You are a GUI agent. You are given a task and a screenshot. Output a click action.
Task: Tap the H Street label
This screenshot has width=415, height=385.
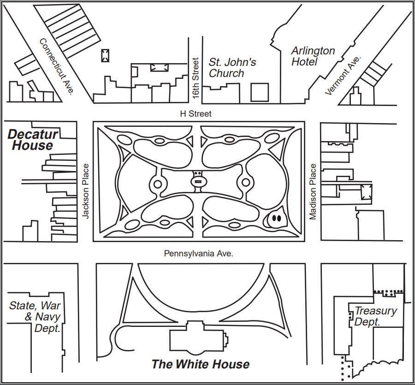coord(196,113)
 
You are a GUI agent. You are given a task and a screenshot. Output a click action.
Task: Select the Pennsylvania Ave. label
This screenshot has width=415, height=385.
coord(199,254)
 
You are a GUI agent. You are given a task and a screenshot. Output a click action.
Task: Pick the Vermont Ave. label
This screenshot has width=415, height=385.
coord(344,75)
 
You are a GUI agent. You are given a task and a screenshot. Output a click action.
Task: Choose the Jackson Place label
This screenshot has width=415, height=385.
coord(85,190)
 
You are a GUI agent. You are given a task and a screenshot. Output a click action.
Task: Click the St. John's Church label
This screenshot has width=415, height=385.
coord(232,67)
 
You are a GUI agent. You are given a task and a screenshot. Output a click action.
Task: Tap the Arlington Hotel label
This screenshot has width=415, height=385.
coord(313,56)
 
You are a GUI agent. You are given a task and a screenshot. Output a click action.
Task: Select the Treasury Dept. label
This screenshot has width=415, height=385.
coord(375,316)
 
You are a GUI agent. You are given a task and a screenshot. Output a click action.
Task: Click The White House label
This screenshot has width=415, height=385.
coord(201,364)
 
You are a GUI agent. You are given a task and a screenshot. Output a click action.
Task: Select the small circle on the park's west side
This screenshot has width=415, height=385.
coord(157,184)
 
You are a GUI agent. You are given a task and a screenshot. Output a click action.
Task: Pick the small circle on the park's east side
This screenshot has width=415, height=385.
coord(245,183)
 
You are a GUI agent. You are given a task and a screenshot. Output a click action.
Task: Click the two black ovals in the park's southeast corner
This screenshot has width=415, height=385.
coord(276,218)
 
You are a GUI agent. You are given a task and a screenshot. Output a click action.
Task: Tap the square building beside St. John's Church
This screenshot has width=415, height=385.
coord(260,92)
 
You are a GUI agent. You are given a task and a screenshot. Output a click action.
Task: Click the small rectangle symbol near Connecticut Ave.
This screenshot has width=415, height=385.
coord(106,56)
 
